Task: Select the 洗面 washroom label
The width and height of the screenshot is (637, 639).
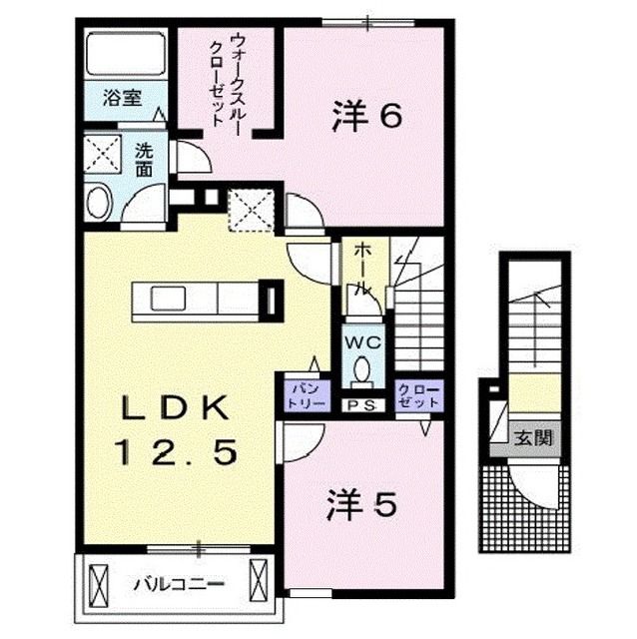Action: (x=144, y=162)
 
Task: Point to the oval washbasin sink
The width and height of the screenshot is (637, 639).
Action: (x=100, y=204)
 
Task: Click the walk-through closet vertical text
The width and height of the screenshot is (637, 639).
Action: (x=227, y=80)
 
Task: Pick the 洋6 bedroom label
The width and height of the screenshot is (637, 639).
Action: (x=366, y=116)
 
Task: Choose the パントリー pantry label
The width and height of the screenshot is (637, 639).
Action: (x=303, y=391)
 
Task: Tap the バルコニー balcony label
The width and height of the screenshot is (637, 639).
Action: (x=180, y=581)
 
